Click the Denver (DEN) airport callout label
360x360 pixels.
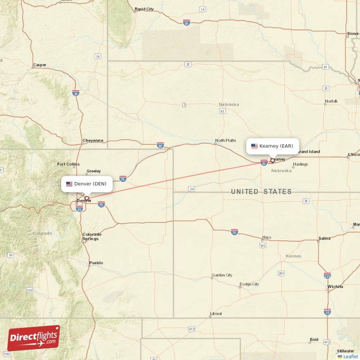tap(87, 184)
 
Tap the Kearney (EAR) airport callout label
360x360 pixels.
tap(272, 146)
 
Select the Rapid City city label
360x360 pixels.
tap(144, 9)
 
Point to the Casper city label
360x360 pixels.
tap(40, 65)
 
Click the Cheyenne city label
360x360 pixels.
tap(93, 140)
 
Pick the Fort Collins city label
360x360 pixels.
tap(68, 164)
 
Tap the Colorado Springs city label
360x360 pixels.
tap(92, 237)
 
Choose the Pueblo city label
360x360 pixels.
tap(96, 263)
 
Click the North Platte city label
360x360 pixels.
tap(225, 140)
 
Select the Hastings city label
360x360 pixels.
tap(300, 164)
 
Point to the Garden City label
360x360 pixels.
tap(222, 275)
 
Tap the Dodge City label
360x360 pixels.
tap(249, 284)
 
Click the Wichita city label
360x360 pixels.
tap(335, 286)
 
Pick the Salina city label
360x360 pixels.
tap(324, 238)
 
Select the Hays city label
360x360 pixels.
tap(267, 237)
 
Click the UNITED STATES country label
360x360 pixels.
tap(261, 192)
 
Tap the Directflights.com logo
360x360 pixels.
tap(33, 338)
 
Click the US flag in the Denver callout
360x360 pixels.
tap(69, 184)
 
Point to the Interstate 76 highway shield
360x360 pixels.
tap(123, 179)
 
